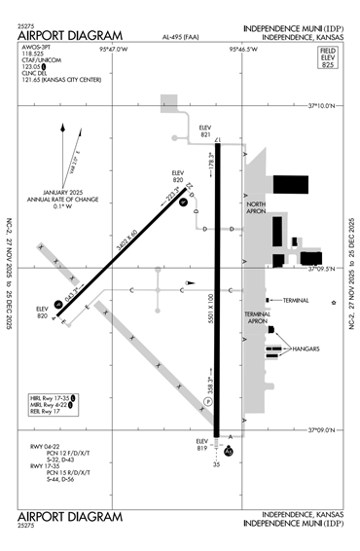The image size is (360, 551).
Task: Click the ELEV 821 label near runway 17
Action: tap(204, 129)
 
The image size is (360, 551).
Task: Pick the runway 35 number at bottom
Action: tap(217, 464)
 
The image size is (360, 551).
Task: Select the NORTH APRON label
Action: tap(256, 206)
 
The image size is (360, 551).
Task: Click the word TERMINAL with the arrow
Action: tap(296, 300)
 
